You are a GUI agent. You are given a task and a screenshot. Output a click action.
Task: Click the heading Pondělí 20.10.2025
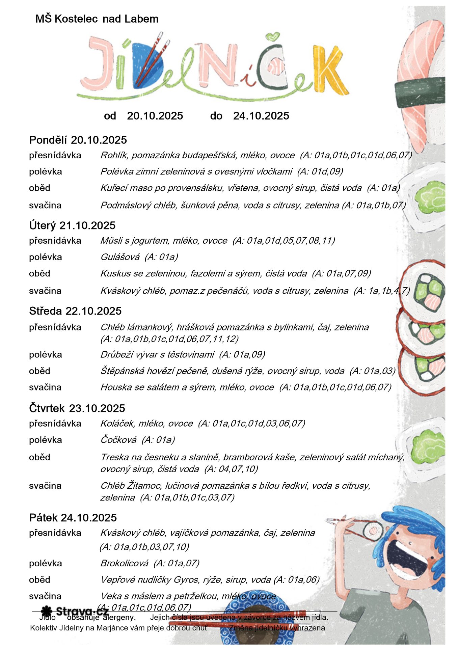click(78, 140)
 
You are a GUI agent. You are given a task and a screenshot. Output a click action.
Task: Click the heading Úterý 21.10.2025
click(72, 225)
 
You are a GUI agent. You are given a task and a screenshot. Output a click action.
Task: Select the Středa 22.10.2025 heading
click(75, 311)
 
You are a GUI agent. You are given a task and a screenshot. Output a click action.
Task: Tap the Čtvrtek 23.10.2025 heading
click(77, 408)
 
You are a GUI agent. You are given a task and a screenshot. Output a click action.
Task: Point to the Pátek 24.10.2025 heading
click(73, 517)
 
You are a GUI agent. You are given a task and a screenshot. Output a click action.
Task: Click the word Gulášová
click(120, 257)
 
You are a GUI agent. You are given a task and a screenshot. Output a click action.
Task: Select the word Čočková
click(118, 440)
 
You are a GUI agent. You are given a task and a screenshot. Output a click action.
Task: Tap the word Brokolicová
click(124, 563)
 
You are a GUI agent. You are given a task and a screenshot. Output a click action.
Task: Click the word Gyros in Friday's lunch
click(186, 579)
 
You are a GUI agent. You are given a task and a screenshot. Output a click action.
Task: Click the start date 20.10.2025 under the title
click(155, 116)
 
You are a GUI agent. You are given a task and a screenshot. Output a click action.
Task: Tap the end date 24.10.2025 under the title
click(261, 116)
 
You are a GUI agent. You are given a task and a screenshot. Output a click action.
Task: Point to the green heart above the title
click(272, 36)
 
